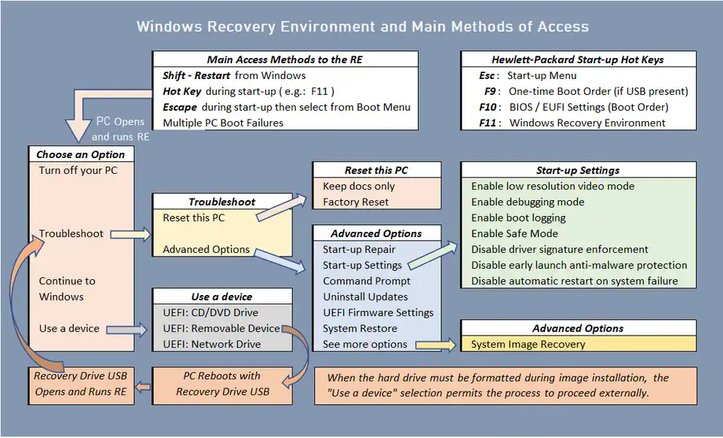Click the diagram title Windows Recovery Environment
click(362, 27)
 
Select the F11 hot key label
click(488, 123)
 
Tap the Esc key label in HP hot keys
click(487, 75)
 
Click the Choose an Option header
click(81, 154)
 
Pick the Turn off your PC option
click(78, 170)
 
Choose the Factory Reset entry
click(355, 202)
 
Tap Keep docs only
click(358, 186)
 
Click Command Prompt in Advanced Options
click(367, 281)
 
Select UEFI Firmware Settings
click(378, 312)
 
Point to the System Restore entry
click(359, 328)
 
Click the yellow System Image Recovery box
click(578, 344)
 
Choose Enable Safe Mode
click(514, 233)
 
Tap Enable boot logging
click(518, 217)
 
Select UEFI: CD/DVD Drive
click(210, 312)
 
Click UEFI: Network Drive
click(212, 344)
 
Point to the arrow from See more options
click(435, 345)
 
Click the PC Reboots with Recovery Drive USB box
click(222, 384)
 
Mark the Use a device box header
click(221, 297)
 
